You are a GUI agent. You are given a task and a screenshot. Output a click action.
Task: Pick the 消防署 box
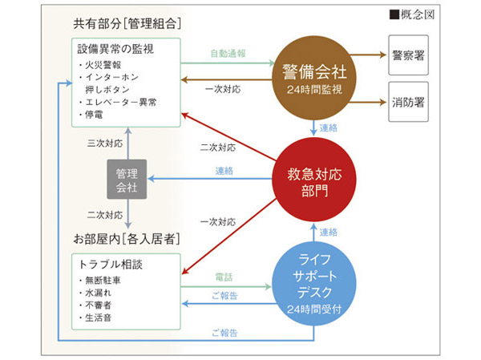coord(414,102)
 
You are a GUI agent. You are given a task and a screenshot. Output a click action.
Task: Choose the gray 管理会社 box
coord(127,180)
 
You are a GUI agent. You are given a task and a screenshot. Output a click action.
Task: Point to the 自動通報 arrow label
coord(228,54)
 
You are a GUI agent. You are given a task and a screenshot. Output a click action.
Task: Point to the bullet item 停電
coord(96,115)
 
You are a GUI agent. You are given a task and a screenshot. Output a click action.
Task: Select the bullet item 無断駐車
coord(102,280)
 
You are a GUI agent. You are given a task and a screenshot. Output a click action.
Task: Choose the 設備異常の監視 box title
coord(115,49)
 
